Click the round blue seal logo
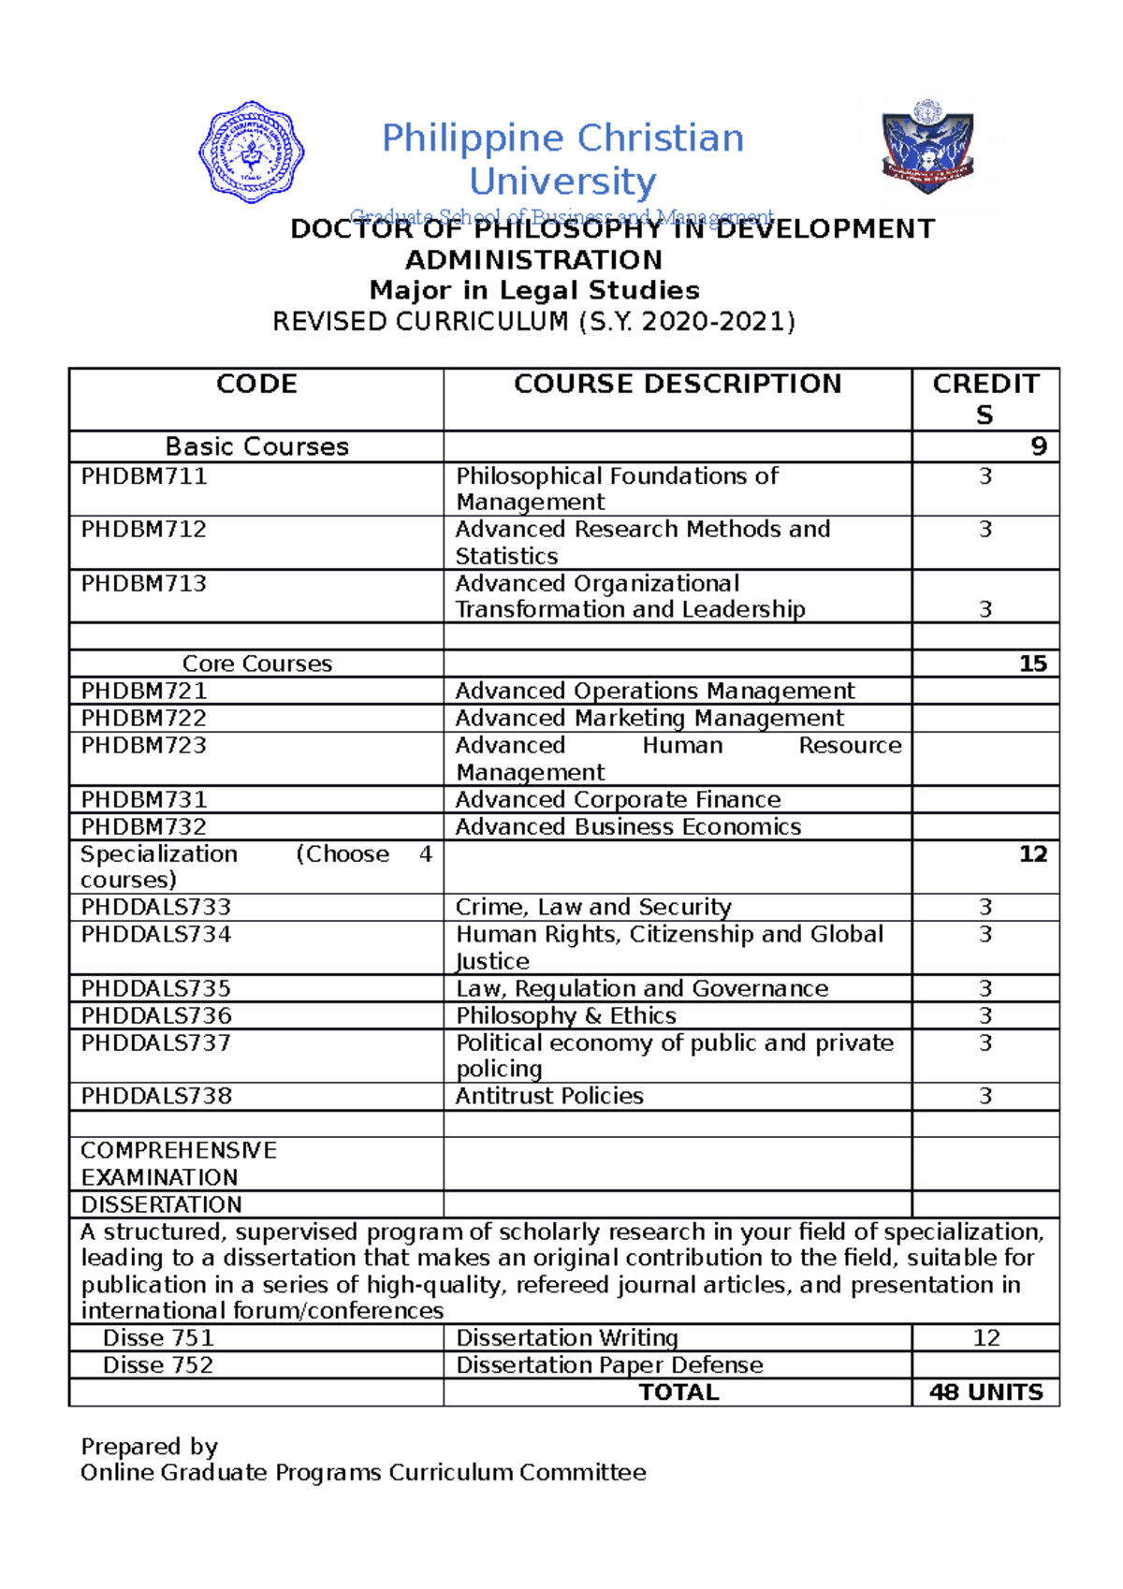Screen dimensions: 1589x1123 251,152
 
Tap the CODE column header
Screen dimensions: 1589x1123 256,385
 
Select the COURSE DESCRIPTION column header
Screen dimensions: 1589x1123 678,385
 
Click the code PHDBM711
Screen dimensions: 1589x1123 144,476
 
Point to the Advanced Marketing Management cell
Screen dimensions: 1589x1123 649,718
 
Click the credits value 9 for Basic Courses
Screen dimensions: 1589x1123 1038,446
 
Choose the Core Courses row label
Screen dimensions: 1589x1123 257,663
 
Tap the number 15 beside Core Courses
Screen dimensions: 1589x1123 1032,663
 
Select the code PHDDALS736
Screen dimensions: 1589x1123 156,1015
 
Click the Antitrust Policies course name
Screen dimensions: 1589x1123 549,1096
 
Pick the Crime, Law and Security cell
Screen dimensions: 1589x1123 593,907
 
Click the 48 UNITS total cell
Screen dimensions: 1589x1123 985,1392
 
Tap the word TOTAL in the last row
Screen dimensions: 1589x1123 678,1392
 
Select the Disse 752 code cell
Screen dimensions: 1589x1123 158,1365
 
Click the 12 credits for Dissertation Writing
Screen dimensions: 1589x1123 986,1338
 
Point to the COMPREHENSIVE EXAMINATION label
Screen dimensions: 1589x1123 178,1163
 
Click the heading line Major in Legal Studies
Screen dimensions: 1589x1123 534,290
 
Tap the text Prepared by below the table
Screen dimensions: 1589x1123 149,1447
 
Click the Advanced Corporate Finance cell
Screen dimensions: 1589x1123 618,799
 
